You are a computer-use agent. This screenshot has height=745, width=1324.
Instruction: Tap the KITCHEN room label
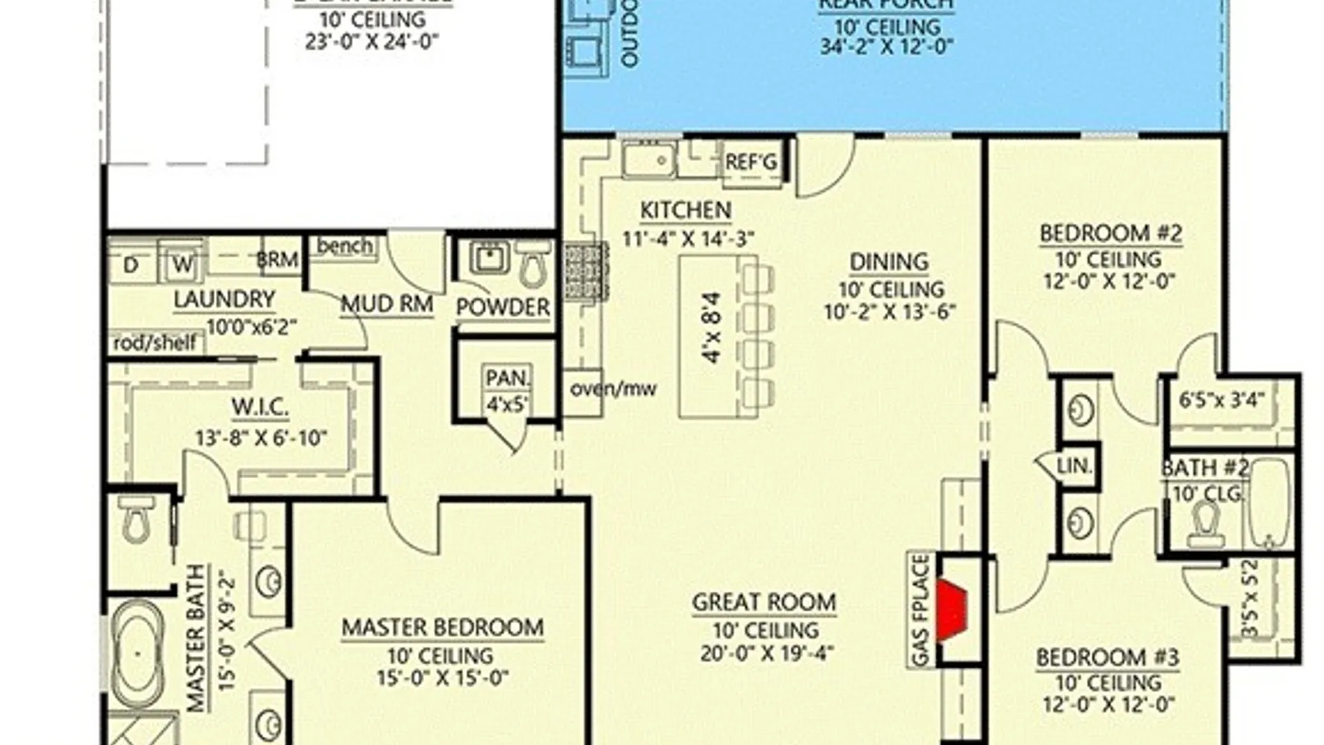tap(685, 210)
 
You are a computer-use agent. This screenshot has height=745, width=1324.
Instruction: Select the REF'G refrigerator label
tap(751, 163)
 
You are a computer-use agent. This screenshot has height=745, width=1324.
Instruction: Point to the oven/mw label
tap(613, 389)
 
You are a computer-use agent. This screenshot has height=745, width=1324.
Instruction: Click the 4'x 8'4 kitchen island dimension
tap(712, 328)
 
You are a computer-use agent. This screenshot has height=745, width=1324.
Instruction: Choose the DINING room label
tap(889, 262)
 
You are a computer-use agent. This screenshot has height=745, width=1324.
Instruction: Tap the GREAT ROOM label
tap(764, 602)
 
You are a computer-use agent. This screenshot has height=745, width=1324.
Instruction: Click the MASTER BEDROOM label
tap(443, 628)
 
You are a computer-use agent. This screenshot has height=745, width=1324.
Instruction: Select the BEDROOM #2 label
tap(1110, 234)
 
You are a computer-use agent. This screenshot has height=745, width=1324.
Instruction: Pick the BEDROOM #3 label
tap(1107, 657)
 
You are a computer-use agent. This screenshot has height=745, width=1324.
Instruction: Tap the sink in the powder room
tap(490, 258)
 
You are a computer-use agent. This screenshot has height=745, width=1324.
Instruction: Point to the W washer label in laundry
tap(182, 265)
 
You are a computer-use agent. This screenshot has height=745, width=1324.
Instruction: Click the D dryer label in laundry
tap(131, 265)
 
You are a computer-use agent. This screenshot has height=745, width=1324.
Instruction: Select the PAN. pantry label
tap(508, 378)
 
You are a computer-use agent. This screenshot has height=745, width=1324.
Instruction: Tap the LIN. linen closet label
tap(1074, 466)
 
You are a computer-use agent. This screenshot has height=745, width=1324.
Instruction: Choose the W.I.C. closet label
tap(260, 408)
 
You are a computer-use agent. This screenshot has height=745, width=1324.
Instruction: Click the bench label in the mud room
tap(345, 246)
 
